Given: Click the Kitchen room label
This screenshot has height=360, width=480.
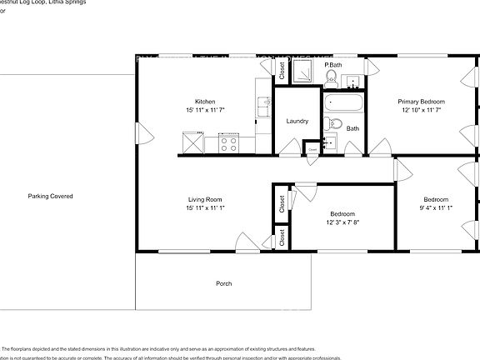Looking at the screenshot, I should pyautogui.click(x=205, y=102).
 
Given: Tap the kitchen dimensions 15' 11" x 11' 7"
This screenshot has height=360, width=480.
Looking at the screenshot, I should pyautogui.click(x=205, y=110).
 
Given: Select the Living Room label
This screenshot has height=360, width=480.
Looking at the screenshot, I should pyautogui.click(x=204, y=199).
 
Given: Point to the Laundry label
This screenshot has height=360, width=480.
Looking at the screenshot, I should pyautogui.click(x=297, y=122).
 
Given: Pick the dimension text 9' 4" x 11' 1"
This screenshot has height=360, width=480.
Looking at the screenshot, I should pyautogui.click(x=436, y=207).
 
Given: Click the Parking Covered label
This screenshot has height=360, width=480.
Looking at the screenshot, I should pyautogui.click(x=50, y=197).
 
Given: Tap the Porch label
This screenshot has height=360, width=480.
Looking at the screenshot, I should pyautogui.click(x=223, y=284).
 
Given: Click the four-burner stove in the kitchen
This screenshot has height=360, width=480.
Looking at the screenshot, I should pyautogui.click(x=228, y=144).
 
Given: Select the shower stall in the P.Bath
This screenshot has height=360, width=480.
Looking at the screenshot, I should pyautogui.click(x=307, y=72).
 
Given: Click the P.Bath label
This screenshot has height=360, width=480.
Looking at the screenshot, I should pyautogui.click(x=333, y=64).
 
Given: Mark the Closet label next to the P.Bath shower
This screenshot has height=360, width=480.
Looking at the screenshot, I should pyautogui.click(x=282, y=72).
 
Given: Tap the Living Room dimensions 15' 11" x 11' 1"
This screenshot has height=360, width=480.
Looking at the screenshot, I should pyautogui.click(x=204, y=207).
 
